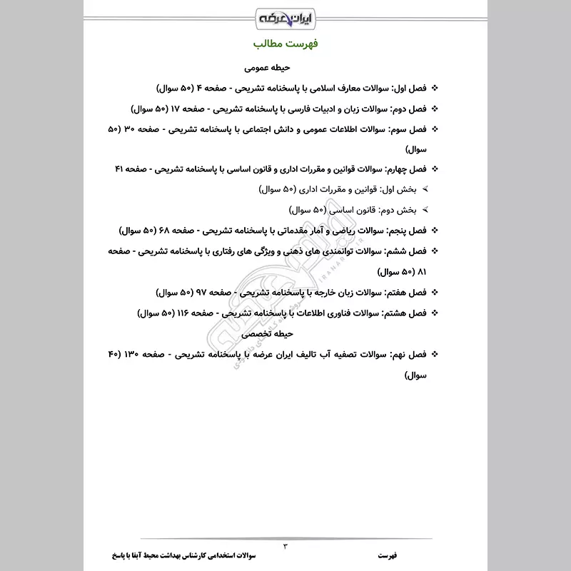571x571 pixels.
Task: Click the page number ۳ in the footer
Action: [286, 546]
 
